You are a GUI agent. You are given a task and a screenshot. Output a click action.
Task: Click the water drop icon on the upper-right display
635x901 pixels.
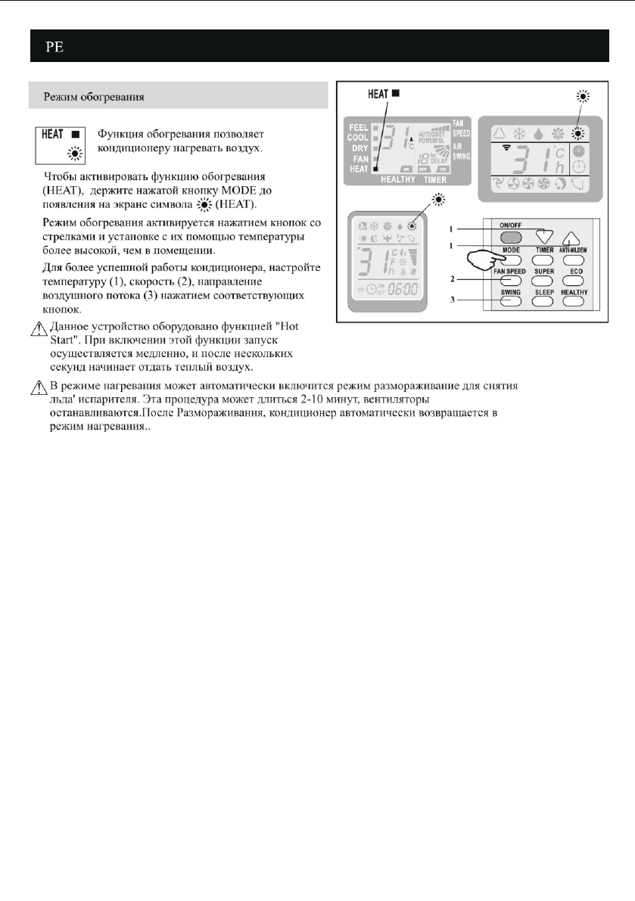pos(537,133)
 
